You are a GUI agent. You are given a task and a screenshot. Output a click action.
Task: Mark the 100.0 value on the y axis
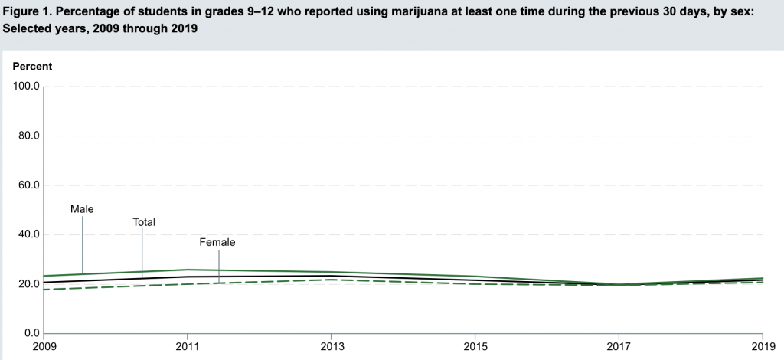click(27, 87)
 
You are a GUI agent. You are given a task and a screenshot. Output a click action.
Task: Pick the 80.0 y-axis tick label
click(29, 136)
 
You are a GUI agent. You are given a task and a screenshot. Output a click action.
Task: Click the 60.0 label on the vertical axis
click(29, 185)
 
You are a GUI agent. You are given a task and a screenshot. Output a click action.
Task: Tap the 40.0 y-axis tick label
click(29, 235)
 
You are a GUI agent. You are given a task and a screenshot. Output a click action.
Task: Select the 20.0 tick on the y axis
click(29, 284)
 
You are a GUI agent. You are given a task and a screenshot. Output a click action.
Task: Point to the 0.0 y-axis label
click(32, 333)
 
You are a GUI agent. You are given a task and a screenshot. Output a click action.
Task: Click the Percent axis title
click(33, 67)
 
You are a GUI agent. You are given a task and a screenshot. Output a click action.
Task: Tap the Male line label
click(82, 208)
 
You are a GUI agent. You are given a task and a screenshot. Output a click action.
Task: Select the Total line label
click(144, 222)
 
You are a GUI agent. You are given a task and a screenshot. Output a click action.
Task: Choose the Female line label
click(217, 243)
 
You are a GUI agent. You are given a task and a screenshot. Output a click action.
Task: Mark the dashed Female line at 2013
click(332, 280)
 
